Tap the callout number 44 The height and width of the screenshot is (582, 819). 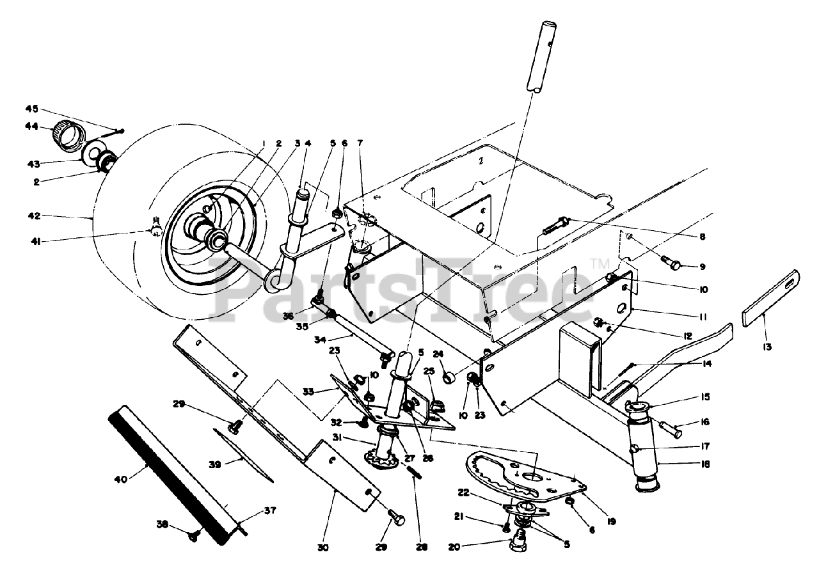tap(32, 126)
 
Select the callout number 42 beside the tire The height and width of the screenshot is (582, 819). tap(34, 216)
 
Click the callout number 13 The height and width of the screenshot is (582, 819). tap(767, 347)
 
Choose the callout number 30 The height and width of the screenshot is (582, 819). tap(324, 547)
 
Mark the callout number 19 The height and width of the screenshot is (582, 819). tap(611, 522)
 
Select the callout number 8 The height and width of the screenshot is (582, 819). tap(702, 237)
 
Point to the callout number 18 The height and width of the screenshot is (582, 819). tap(704, 464)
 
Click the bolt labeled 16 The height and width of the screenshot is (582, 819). tap(670, 424)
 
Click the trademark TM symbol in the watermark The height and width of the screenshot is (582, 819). tap(599, 263)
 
